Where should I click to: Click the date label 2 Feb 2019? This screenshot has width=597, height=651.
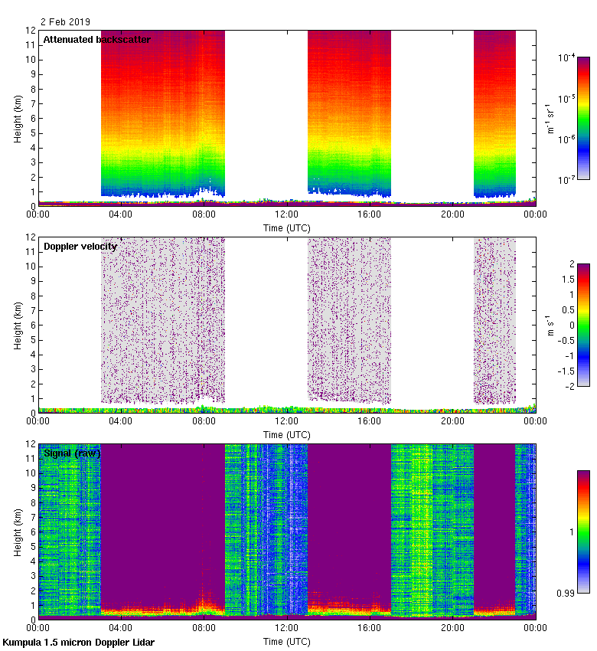[65, 23]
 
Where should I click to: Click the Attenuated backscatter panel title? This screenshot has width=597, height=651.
[96, 39]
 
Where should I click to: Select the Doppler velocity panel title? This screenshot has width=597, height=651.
[80, 246]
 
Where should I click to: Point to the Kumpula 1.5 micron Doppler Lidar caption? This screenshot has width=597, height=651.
[78, 643]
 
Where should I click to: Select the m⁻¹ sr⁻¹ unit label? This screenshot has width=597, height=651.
[550, 119]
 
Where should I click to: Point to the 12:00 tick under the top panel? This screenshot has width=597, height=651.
[286, 214]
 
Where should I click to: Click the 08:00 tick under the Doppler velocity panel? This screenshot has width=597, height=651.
[204, 421]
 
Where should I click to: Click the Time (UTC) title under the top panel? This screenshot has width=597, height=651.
[286, 227]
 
